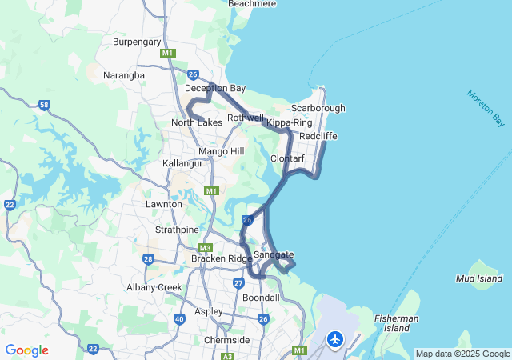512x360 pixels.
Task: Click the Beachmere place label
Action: pyautogui.click(x=252, y=4)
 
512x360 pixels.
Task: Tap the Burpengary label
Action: pyautogui.click(x=137, y=42)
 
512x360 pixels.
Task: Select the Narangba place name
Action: pyautogui.click(x=124, y=75)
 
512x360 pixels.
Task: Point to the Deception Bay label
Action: pyautogui.click(x=215, y=88)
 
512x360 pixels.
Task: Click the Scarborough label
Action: pyautogui.click(x=318, y=108)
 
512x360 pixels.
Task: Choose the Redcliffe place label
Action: pyautogui.click(x=318, y=136)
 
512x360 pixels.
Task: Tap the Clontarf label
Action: pyautogui.click(x=288, y=158)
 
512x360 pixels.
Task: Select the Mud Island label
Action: pyautogui.click(x=478, y=278)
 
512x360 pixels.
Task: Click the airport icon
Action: pyautogui.click(x=334, y=340)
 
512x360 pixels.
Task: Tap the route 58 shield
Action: pyautogui.click(x=44, y=105)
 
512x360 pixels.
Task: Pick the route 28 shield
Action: pyautogui.click(x=148, y=259)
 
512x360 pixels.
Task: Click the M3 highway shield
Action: pyautogui.click(x=205, y=248)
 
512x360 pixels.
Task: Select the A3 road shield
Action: pyautogui.click(x=227, y=355)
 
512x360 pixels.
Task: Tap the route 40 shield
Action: pyautogui.click(x=179, y=319)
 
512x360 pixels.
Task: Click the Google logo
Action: pyautogui.click(x=26, y=350)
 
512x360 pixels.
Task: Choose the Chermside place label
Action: pyautogui.click(x=227, y=340)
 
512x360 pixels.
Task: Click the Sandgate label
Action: pyautogui.click(x=274, y=254)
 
